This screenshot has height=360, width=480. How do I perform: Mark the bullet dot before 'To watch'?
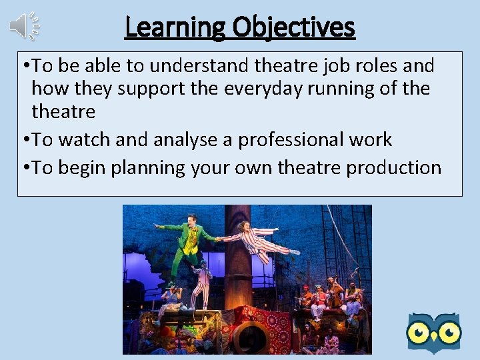tap(25, 139)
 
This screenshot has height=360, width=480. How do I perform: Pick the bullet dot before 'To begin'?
tap(25, 167)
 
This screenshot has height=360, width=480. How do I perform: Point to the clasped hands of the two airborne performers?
tap(220, 237)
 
